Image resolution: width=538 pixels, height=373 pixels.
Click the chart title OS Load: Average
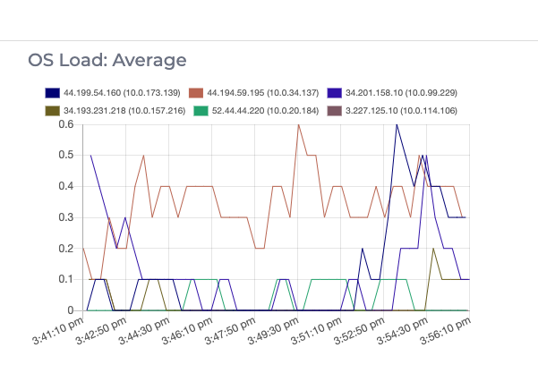point(107,60)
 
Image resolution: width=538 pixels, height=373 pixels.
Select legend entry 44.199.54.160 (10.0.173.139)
point(121,92)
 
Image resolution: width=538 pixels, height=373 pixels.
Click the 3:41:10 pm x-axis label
point(56,335)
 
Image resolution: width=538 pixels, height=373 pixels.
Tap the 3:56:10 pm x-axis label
point(446,335)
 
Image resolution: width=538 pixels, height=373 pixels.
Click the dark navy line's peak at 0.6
point(397,124)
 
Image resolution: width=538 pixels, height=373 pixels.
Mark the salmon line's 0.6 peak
point(298,124)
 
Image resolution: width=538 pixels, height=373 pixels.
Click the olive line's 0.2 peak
point(433,249)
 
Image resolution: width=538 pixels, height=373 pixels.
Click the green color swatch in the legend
point(193,110)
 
